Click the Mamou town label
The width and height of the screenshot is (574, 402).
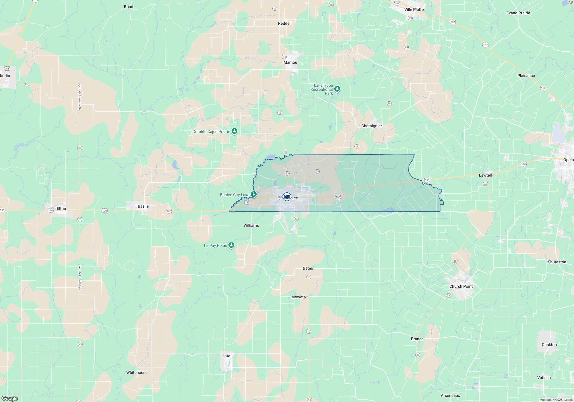(290, 62)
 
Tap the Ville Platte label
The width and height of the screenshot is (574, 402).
(414, 9)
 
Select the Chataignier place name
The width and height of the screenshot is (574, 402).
(371, 126)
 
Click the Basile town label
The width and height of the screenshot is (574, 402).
(143, 206)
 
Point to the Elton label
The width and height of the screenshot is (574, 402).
(61, 208)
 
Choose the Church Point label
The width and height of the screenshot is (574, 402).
(461, 286)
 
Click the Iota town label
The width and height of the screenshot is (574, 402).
(227, 356)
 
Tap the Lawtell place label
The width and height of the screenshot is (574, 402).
(485, 175)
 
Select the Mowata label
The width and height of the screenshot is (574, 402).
(298, 297)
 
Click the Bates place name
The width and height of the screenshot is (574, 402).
(308, 268)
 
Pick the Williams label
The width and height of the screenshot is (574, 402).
(251, 225)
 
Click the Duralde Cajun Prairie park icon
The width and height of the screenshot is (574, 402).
(234, 131)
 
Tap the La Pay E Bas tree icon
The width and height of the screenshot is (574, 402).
(231, 245)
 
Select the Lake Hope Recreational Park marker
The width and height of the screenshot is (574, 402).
(337, 89)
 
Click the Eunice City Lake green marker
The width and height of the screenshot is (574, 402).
(254, 194)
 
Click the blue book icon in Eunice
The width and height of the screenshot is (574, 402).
(287, 197)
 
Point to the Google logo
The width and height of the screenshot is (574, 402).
(10, 398)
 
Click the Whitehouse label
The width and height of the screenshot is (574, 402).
(137, 372)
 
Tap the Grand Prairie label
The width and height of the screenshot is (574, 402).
(518, 13)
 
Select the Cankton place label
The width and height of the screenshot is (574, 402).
(549, 345)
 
